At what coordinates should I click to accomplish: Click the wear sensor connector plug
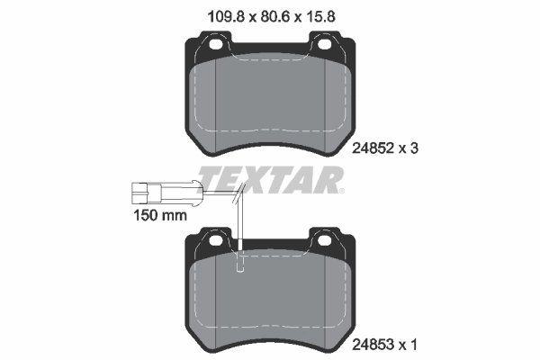[144, 191]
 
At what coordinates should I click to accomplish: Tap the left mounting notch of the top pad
[216, 43]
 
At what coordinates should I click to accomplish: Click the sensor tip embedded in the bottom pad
[239, 265]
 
